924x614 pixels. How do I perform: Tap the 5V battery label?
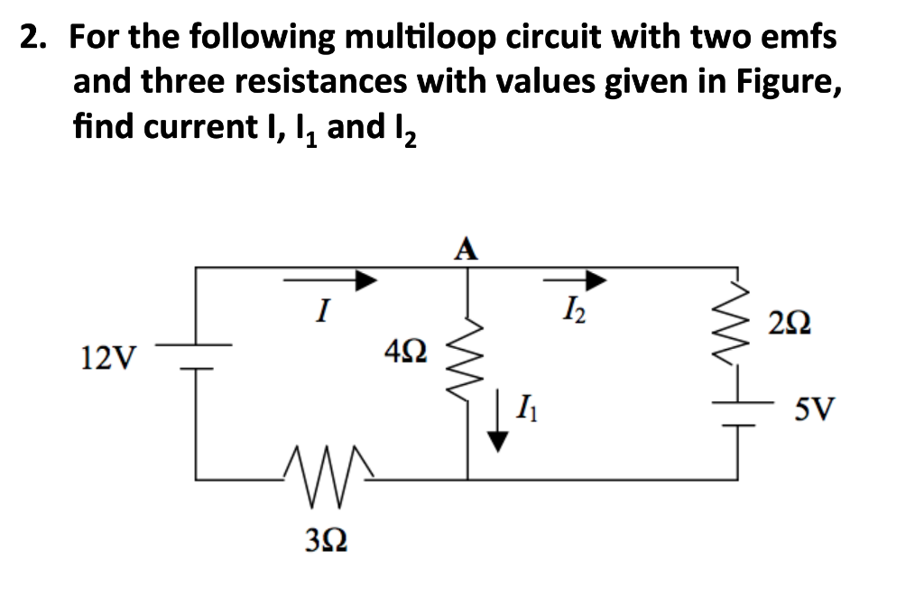tap(815, 412)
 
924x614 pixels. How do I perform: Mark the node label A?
tap(467, 248)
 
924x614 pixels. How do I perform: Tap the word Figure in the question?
tap(788, 81)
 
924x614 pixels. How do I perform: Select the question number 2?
tap(35, 38)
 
